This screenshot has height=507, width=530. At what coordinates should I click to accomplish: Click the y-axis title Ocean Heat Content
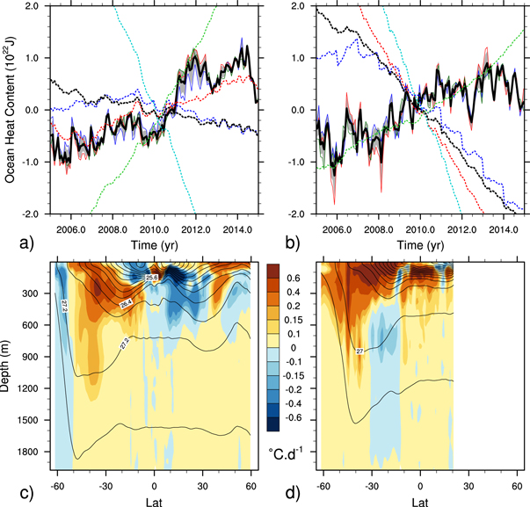(10, 109)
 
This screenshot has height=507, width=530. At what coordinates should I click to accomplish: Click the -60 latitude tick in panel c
(57, 485)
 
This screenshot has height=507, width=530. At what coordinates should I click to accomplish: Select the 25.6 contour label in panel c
(152, 278)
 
